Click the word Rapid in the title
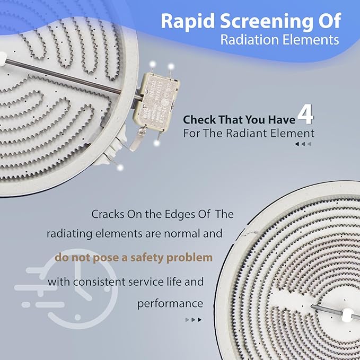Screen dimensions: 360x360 [x=188, y=21]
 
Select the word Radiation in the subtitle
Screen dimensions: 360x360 [x=249, y=40]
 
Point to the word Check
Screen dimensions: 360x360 [x=199, y=120]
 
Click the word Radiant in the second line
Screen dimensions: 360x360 [x=247, y=134]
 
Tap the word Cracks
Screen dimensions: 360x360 [x=108, y=214]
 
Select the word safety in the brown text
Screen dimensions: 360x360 [x=147, y=258]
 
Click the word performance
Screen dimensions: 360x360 [x=170, y=303]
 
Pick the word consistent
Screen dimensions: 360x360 [x=100, y=282]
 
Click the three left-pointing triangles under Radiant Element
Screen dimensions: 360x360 [x=303, y=144]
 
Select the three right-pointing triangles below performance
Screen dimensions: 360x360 [x=194, y=320]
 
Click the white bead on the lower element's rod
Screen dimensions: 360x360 [x=347, y=315]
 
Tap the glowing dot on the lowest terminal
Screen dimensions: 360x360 [x=120, y=168]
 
